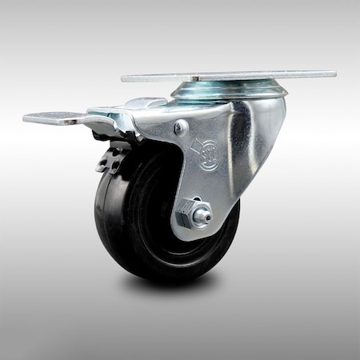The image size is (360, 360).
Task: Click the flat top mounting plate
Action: (x=232, y=77)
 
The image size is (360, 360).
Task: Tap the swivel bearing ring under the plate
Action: (x=229, y=90)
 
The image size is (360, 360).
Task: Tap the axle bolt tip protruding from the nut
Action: (x=204, y=214)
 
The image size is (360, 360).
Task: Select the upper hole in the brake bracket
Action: (x=118, y=149)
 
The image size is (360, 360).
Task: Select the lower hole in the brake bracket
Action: (x=112, y=165)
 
